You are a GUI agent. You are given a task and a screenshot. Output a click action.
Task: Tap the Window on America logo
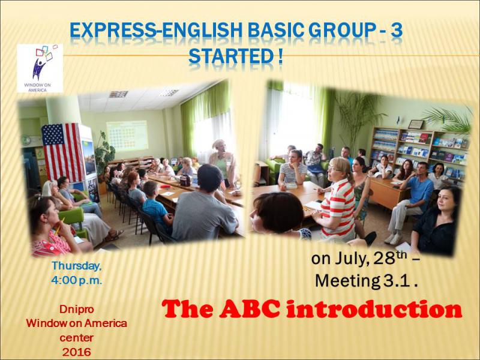click(40, 68)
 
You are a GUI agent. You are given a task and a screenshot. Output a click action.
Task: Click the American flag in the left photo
click(62, 151)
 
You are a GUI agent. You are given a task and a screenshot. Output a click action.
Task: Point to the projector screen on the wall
click(127, 136)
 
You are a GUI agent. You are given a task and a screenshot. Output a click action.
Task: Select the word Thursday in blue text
click(77, 266)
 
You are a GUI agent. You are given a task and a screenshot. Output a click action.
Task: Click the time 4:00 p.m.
click(77, 280)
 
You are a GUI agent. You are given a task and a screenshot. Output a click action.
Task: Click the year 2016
click(77, 352)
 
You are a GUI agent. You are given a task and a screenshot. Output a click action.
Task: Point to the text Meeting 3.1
click(366, 281)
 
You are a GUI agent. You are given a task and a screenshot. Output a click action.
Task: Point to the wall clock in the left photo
click(26, 140)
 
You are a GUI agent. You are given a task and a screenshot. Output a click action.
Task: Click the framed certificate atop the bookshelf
click(416, 124)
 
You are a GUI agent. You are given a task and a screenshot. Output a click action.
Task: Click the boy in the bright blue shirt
click(155, 205)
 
